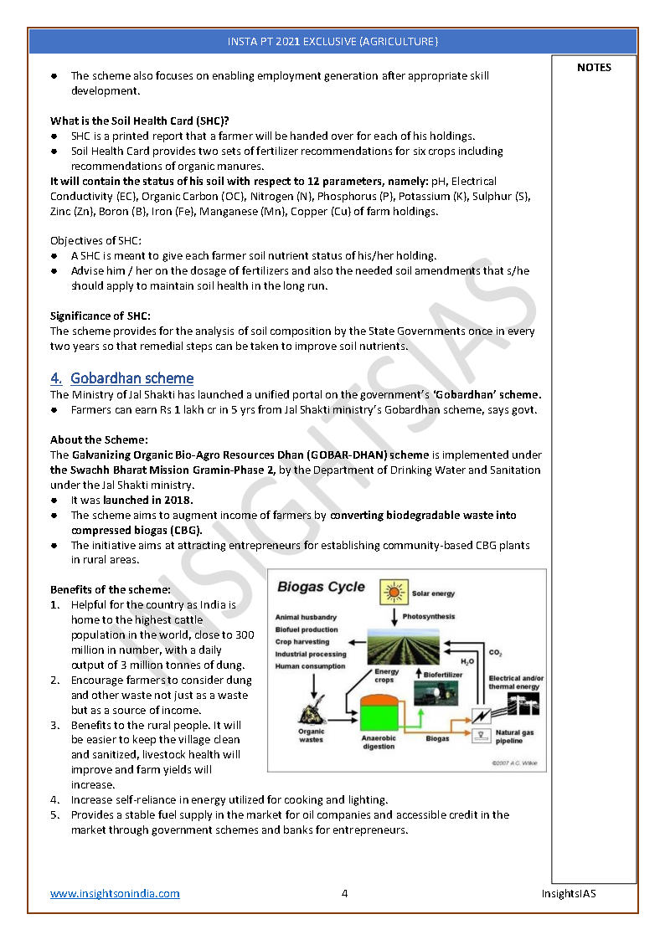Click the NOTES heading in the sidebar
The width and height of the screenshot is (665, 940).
[594, 68]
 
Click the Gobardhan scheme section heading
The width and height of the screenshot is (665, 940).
[131, 378]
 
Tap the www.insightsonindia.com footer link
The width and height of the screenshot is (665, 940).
[115, 893]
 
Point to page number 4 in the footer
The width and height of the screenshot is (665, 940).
[344, 893]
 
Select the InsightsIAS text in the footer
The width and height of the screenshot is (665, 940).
[569, 893]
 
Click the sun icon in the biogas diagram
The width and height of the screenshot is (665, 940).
[393, 593]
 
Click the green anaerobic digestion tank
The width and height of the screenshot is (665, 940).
[379, 713]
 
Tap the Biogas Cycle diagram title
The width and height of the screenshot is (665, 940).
[321, 587]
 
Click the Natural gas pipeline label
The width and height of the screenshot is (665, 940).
[520, 737]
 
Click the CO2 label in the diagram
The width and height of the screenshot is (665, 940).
[495, 652]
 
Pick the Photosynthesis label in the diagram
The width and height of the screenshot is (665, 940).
[429, 617]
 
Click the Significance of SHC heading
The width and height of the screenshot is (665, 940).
[101, 316]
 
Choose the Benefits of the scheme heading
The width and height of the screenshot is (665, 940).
[111, 589]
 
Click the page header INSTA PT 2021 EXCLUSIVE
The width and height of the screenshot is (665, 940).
[332, 41]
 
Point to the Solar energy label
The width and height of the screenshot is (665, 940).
[433, 593]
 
